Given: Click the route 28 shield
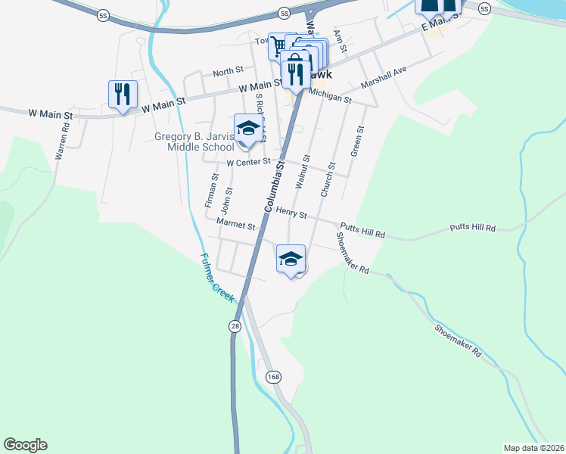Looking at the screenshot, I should pyautogui.click(x=235, y=325).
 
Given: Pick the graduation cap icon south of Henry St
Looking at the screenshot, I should pyautogui.click(x=291, y=260).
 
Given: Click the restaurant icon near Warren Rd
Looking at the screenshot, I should pyautogui.click(x=123, y=95).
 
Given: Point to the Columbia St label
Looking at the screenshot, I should pyautogui.click(x=275, y=185).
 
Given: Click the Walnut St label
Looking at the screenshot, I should pyautogui.click(x=302, y=172).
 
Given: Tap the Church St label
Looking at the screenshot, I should pyautogui.click(x=328, y=179).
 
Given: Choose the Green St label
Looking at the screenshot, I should pyautogui.click(x=356, y=141).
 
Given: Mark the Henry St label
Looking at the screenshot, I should pyautogui.click(x=291, y=213).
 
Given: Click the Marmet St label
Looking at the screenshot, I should pyautogui.click(x=235, y=225).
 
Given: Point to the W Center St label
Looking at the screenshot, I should pyautogui.click(x=248, y=162).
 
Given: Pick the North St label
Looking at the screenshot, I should pyautogui.click(x=228, y=73).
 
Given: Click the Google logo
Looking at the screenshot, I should pyautogui.click(x=25, y=445).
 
